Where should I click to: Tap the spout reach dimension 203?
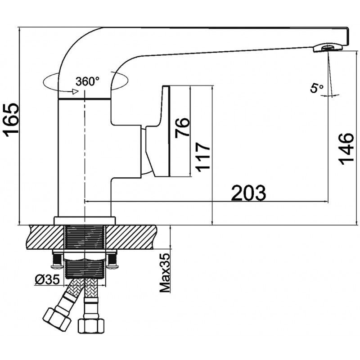tap(249, 193)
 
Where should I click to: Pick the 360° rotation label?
tap(88, 81)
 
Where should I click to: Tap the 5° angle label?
tap(316, 88)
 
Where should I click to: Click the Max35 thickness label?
tap(166, 272)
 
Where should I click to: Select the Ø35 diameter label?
tap(47, 280)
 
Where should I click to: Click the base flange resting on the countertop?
tap(85, 220)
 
